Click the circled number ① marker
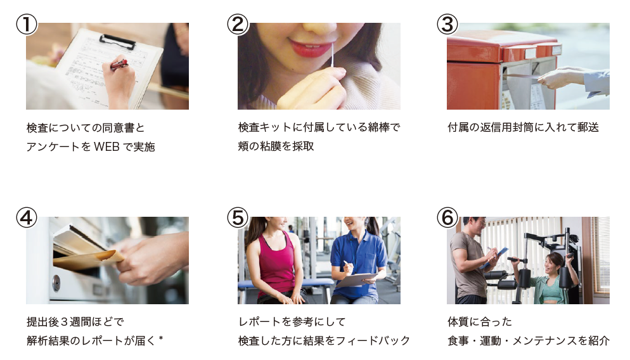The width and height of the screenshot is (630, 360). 26,24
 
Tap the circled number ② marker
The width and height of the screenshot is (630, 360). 237,24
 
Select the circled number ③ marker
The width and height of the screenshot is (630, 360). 447,24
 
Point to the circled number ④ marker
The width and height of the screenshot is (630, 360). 26,217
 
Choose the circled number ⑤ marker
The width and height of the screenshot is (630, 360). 237,217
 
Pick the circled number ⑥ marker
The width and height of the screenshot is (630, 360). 447,217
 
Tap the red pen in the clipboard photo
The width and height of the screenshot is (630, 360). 119,64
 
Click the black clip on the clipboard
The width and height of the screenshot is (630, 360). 117,41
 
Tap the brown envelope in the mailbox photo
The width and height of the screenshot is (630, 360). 89,257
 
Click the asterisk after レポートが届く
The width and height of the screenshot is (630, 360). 161,340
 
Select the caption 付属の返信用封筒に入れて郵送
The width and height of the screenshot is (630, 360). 523,127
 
